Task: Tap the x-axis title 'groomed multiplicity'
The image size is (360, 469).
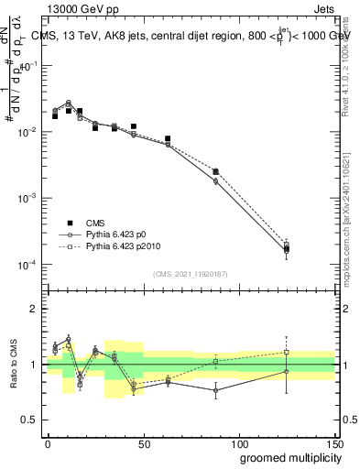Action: coord(286,455)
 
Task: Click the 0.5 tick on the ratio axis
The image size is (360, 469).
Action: coord(30,420)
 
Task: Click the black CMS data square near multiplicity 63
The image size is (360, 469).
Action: coord(168,139)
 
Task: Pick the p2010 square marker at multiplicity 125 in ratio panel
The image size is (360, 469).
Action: coord(287,352)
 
